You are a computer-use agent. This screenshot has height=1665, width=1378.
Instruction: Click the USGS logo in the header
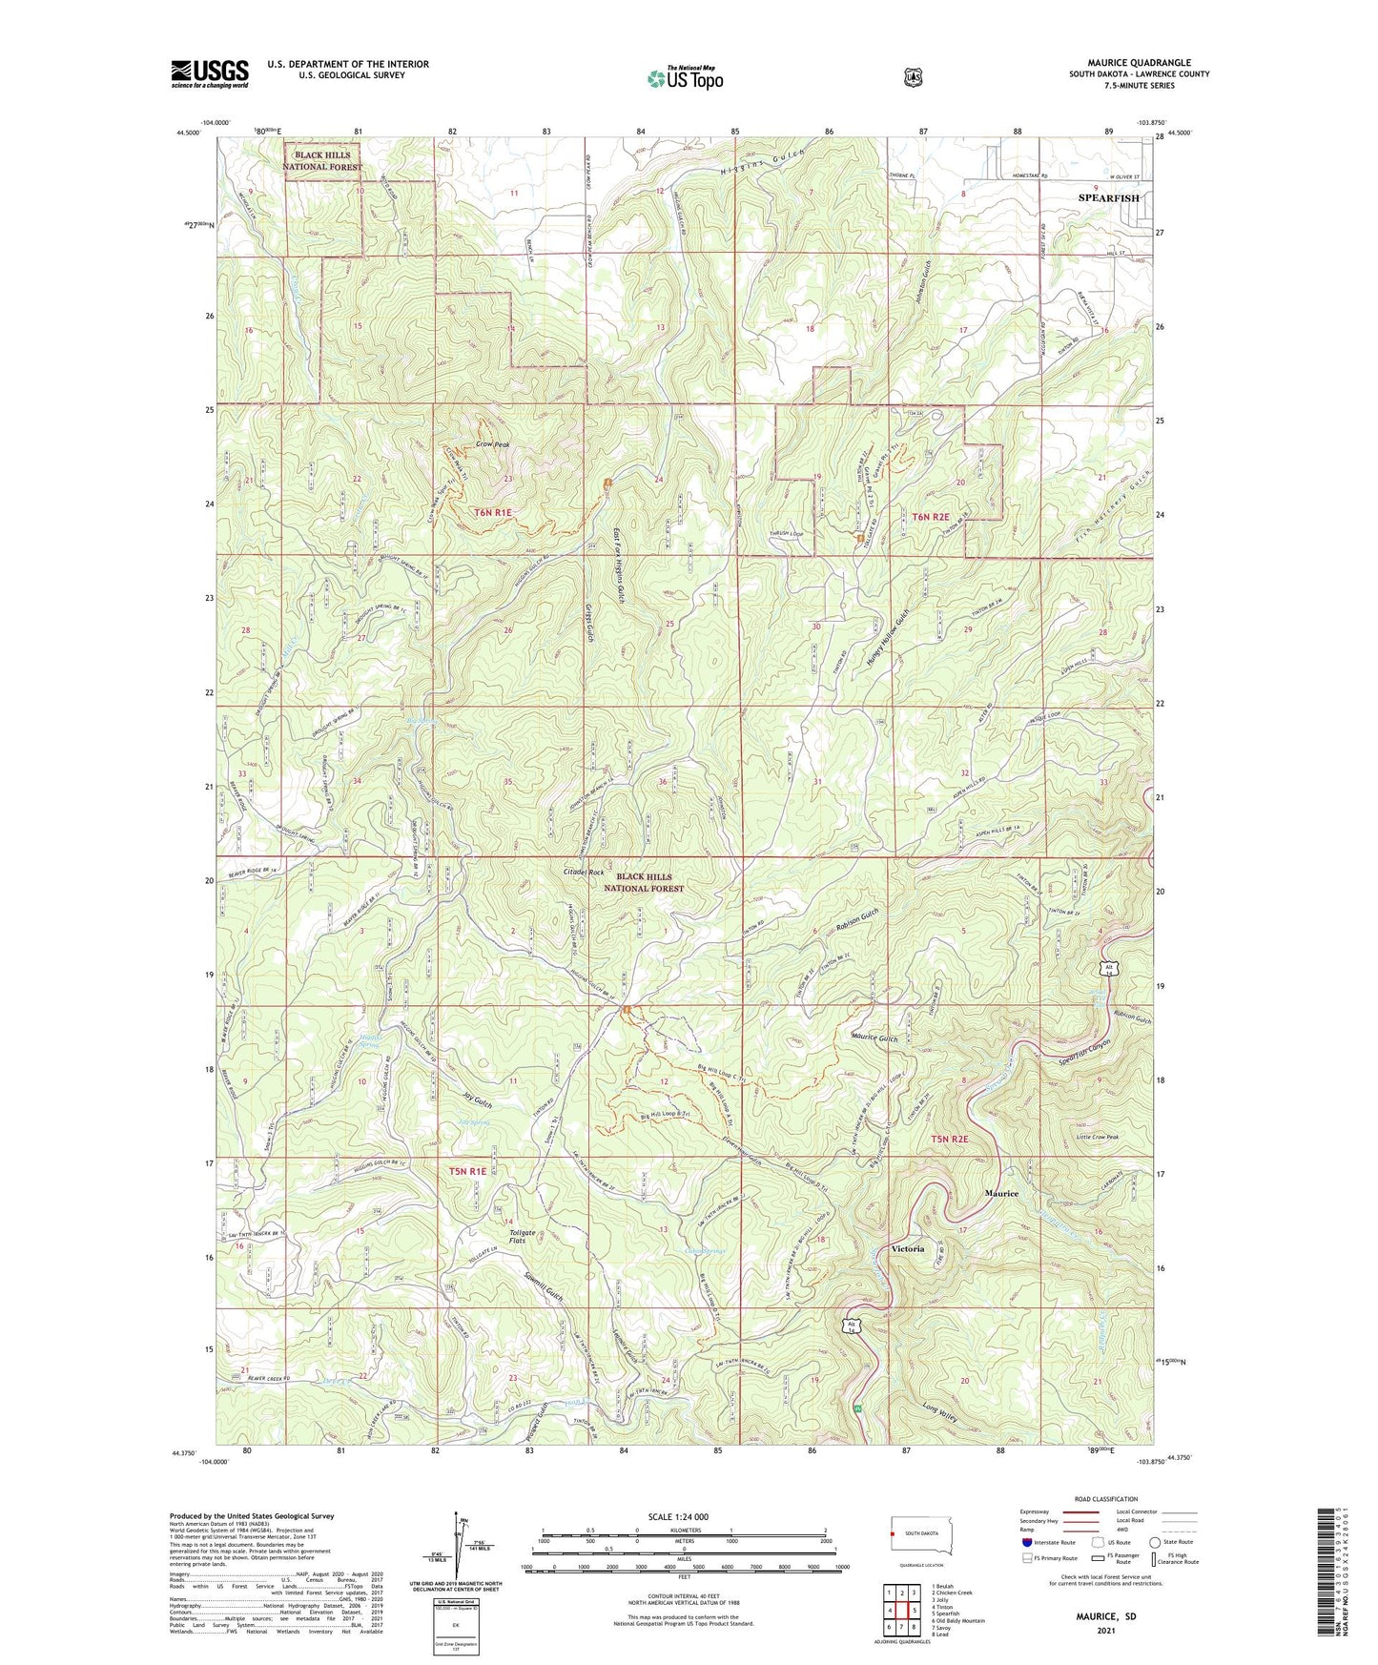210,73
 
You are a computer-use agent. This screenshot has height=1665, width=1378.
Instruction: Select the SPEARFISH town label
1108,198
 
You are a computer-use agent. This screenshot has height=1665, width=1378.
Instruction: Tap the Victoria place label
907,1248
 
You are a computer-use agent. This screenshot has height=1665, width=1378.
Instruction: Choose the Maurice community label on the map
1001,1193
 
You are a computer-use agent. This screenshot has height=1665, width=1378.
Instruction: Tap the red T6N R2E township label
934,516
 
